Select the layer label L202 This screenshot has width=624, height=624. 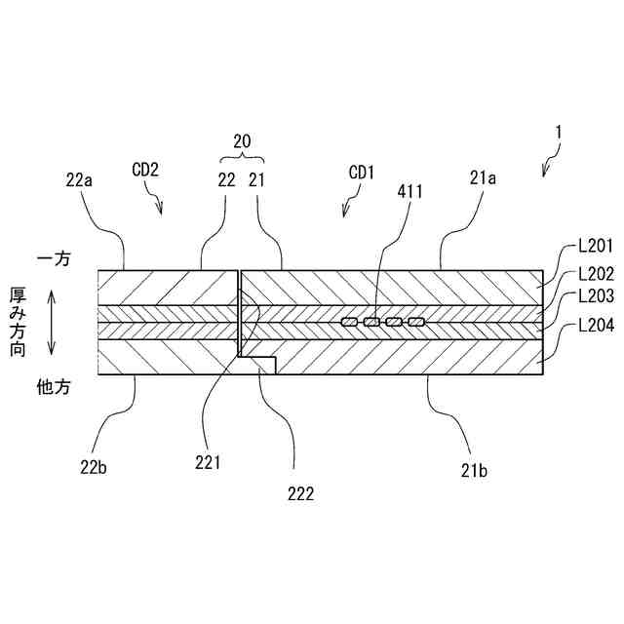pos(594,274)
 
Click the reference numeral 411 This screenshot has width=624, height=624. pos(409,192)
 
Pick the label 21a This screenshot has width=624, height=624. pos(483,178)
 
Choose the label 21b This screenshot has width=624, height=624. pos(474,470)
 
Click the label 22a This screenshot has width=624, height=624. pos(81,178)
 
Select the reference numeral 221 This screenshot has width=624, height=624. pos(207,462)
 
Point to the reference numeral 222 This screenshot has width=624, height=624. pos(300,493)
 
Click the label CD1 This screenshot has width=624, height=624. pos(362,172)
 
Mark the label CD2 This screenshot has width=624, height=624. pos(145,168)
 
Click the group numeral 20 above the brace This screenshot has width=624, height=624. pos(241,139)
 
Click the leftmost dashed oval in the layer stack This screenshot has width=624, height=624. pos(348,322)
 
